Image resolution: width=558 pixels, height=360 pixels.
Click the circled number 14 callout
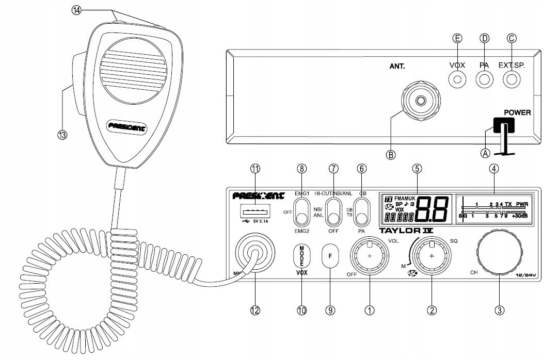76,10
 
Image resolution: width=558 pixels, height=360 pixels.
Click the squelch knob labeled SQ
432,256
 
